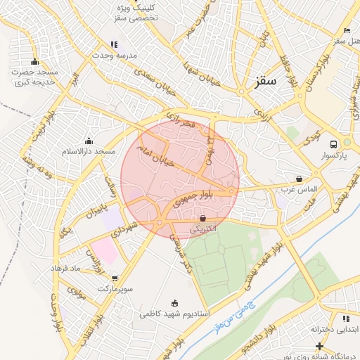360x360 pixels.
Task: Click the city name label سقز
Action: (267, 81)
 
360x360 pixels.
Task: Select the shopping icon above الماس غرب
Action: (300, 179)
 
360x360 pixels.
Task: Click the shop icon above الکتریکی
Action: (203, 218)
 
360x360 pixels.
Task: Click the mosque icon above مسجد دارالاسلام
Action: (89, 141)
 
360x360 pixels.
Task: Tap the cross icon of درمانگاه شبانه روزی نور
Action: (320, 346)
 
